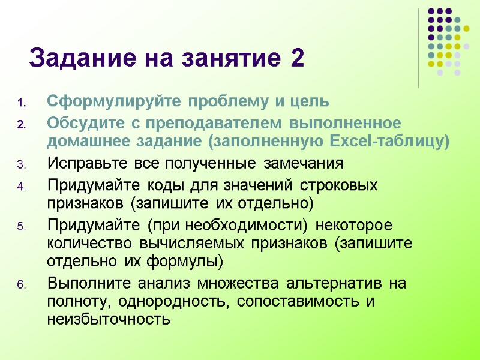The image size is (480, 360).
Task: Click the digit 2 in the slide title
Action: point(296,59)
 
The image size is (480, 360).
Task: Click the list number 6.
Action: point(21,284)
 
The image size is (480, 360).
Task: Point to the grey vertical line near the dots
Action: point(418,48)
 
